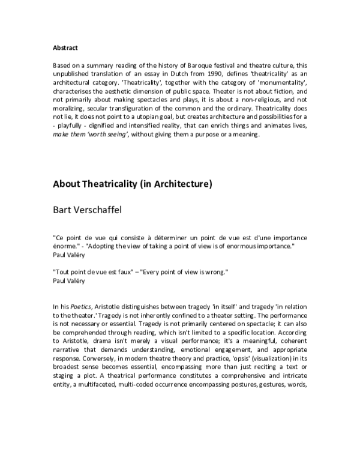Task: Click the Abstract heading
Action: (x=64, y=46)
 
